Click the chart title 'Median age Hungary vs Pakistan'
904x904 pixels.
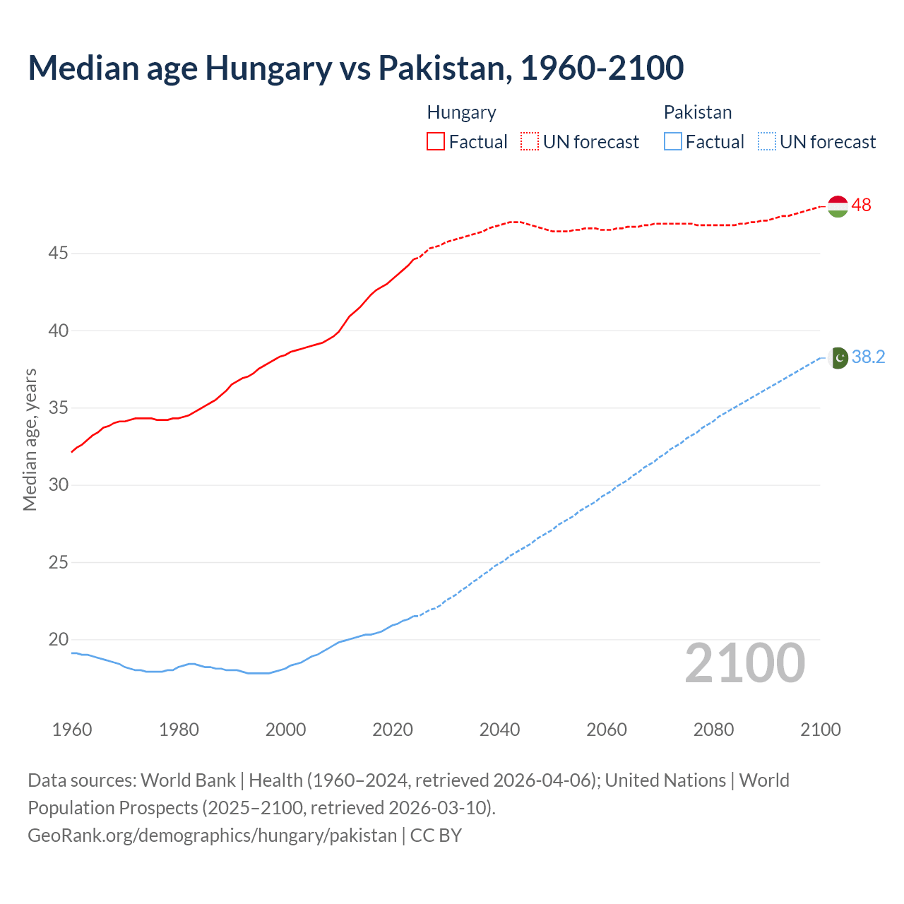(355, 68)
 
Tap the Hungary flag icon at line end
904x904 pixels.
(837, 206)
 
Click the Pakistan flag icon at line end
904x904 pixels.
(838, 358)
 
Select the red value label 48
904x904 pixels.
(861, 206)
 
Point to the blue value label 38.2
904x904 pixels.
(868, 357)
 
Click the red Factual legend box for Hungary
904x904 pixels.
(436, 141)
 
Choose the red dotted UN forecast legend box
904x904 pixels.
(530, 141)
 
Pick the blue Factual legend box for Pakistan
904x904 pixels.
(672, 141)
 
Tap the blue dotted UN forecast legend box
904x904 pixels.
(766, 141)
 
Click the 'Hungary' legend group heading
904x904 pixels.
(461, 112)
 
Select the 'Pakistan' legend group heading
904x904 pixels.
(697, 112)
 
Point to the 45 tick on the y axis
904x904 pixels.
(58, 253)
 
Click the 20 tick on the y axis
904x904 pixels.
(58, 640)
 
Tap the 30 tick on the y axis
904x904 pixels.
(58, 485)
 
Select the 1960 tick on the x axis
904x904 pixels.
(72, 730)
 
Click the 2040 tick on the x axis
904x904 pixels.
(499, 730)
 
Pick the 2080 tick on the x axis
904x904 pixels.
(713, 730)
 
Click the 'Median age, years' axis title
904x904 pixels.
(30, 439)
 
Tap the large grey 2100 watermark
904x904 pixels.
(744, 662)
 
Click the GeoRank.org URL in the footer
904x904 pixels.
(212, 835)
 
